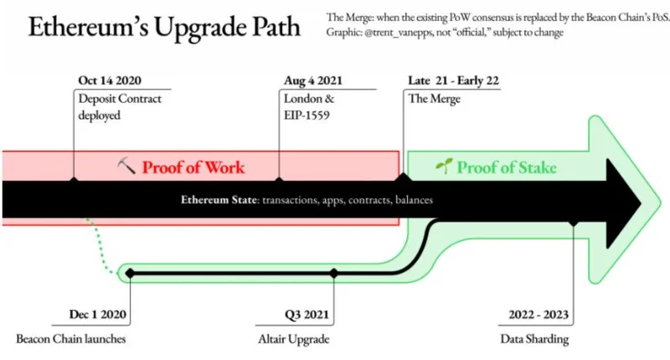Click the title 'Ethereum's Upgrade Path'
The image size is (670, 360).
[164, 28]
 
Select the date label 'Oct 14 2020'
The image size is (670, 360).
[110, 80]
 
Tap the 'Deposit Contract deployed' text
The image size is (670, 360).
[120, 107]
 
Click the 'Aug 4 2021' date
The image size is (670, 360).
[313, 80]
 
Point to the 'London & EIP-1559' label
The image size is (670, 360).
[309, 107]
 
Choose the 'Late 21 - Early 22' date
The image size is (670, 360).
[453, 80]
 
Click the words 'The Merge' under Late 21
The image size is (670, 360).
[434, 99]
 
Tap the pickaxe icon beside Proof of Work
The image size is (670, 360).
[126, 166]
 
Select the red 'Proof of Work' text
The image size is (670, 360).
[193, 167]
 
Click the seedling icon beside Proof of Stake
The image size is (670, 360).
[444, 166]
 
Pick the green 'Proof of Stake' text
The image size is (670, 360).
[507, 167]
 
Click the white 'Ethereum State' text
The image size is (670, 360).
[219, 200]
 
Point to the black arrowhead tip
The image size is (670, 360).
[642, 203]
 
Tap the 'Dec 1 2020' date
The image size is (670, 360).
[98, 314]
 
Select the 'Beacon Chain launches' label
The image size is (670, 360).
[71, 339]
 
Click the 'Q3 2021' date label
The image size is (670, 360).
[307, 315]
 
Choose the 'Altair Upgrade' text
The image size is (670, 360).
[294, 340]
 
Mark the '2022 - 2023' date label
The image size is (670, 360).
[539, 315]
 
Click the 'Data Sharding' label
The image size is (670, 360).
[534, 339]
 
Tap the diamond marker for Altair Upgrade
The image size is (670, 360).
[334, 273]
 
